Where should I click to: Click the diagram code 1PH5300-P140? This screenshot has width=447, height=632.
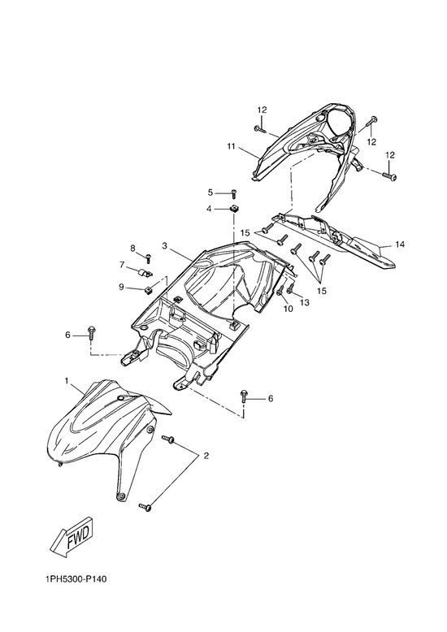click(76, 579)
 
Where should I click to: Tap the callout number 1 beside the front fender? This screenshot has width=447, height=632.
click(67, 380)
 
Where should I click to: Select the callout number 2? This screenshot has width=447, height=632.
click(206, 456)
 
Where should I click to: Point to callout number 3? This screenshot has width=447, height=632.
click(165, 245)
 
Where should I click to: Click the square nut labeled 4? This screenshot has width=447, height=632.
click(233, 209)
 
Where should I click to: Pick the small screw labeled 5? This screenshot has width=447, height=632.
click(233, 193)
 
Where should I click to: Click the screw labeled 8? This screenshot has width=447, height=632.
click(148, 257)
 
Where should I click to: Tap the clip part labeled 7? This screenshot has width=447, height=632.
click(146, 273)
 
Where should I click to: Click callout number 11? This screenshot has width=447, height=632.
click(231, 146)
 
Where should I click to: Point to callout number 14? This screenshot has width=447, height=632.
click(400, 245)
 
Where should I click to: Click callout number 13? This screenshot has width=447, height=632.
click(305, 302)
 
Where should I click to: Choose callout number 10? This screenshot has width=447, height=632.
click(288, 309)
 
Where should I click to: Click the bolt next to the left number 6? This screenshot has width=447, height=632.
click(91, 332)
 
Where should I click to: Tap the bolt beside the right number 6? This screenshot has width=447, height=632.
click(243, 396)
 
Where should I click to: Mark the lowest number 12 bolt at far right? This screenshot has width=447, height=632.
click(390, 175)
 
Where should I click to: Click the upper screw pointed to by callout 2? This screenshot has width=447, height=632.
click(168, 439)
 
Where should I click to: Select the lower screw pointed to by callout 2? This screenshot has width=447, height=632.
click(145, 507)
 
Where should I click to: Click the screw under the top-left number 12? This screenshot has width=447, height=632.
click(259, 129)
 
